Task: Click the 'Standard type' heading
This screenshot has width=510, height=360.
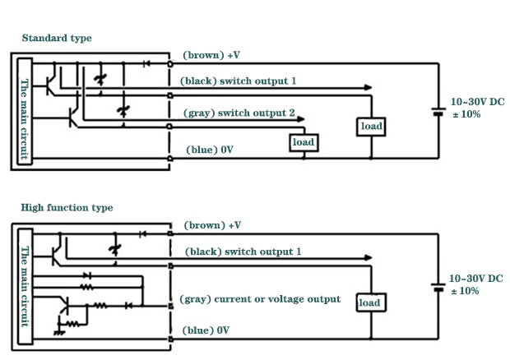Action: pos(56,38)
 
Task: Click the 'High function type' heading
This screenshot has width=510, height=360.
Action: pos(67,208)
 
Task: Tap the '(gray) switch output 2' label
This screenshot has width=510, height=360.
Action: pos(237,112)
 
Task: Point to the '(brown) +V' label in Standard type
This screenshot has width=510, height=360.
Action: pos(211,55)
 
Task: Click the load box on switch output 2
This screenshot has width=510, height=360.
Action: pos(304,142)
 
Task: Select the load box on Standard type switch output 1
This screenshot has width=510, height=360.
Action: pos(371,127)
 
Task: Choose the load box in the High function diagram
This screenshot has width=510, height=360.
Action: pos(370,302)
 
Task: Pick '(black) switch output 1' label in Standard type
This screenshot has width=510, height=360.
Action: pos(238,81)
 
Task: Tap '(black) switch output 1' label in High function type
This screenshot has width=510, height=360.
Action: pos(243,252)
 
